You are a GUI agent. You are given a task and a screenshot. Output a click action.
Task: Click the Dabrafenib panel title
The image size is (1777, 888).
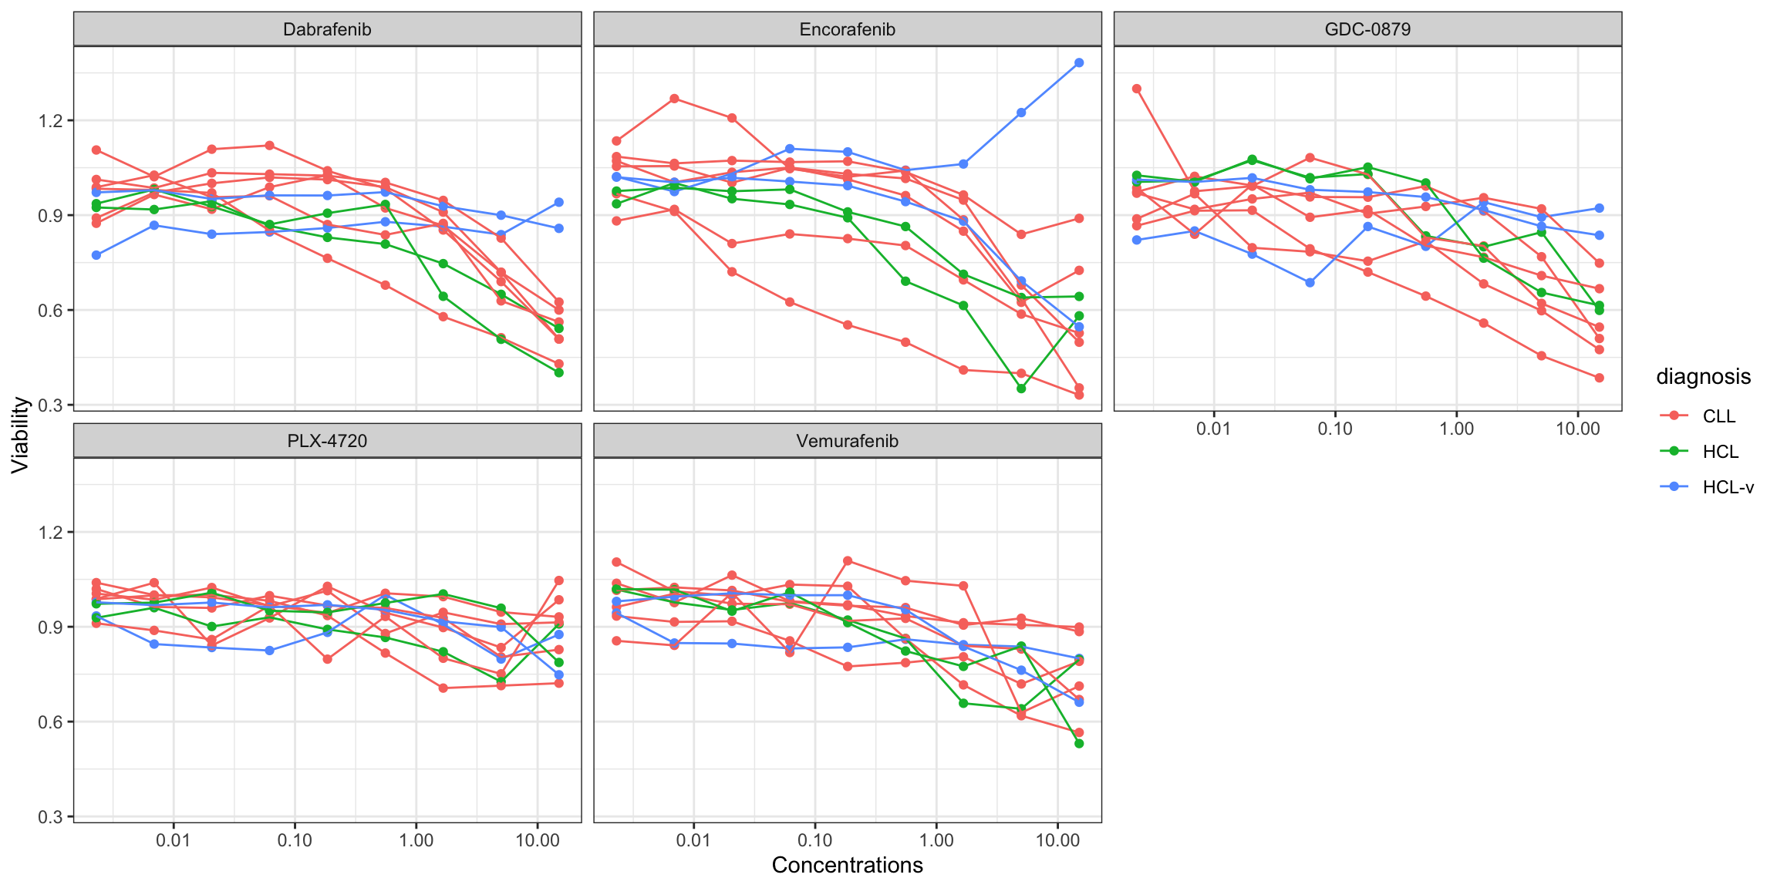click(x=327, y=29)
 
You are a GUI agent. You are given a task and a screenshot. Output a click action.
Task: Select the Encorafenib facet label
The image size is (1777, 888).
click(x=847, y=29)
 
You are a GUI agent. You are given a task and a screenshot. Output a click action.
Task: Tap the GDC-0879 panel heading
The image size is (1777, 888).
click(x=1367, y=29)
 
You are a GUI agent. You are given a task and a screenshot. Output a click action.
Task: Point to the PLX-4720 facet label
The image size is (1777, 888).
click(x=327, y=441)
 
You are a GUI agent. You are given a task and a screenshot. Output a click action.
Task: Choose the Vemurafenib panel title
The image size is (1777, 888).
click(x=847, y=441)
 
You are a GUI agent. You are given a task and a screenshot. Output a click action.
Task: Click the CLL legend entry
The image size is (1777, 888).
click(x=1718, y=416)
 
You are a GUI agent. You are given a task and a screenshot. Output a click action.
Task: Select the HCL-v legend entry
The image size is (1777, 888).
click(x=1728, y=487)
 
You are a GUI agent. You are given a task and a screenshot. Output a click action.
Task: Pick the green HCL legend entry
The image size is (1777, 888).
click(x=1720, y=452)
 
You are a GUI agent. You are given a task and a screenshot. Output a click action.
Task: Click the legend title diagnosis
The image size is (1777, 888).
click(x=1703, y=377)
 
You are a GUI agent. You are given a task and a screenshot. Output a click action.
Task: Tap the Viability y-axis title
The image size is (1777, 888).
click(x=20, y=435)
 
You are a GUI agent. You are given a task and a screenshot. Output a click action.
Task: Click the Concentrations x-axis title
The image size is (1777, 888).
click(x=847, y=866)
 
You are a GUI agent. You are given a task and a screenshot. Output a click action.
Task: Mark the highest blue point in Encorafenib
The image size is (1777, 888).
click(x=1079, y=62)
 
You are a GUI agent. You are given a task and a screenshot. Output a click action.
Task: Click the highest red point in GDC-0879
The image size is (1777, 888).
click(x=1137, y=89)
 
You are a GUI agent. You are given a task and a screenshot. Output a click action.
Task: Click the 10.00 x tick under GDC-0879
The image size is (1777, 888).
click(x=1577, y=429)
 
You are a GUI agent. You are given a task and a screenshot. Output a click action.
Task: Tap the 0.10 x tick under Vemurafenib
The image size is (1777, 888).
click(x=814, y=840)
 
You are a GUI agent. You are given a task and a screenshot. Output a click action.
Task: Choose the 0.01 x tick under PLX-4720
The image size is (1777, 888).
click(x=173, y=840)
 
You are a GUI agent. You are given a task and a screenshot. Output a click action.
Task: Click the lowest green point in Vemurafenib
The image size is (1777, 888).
click(x=1079, y=744)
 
